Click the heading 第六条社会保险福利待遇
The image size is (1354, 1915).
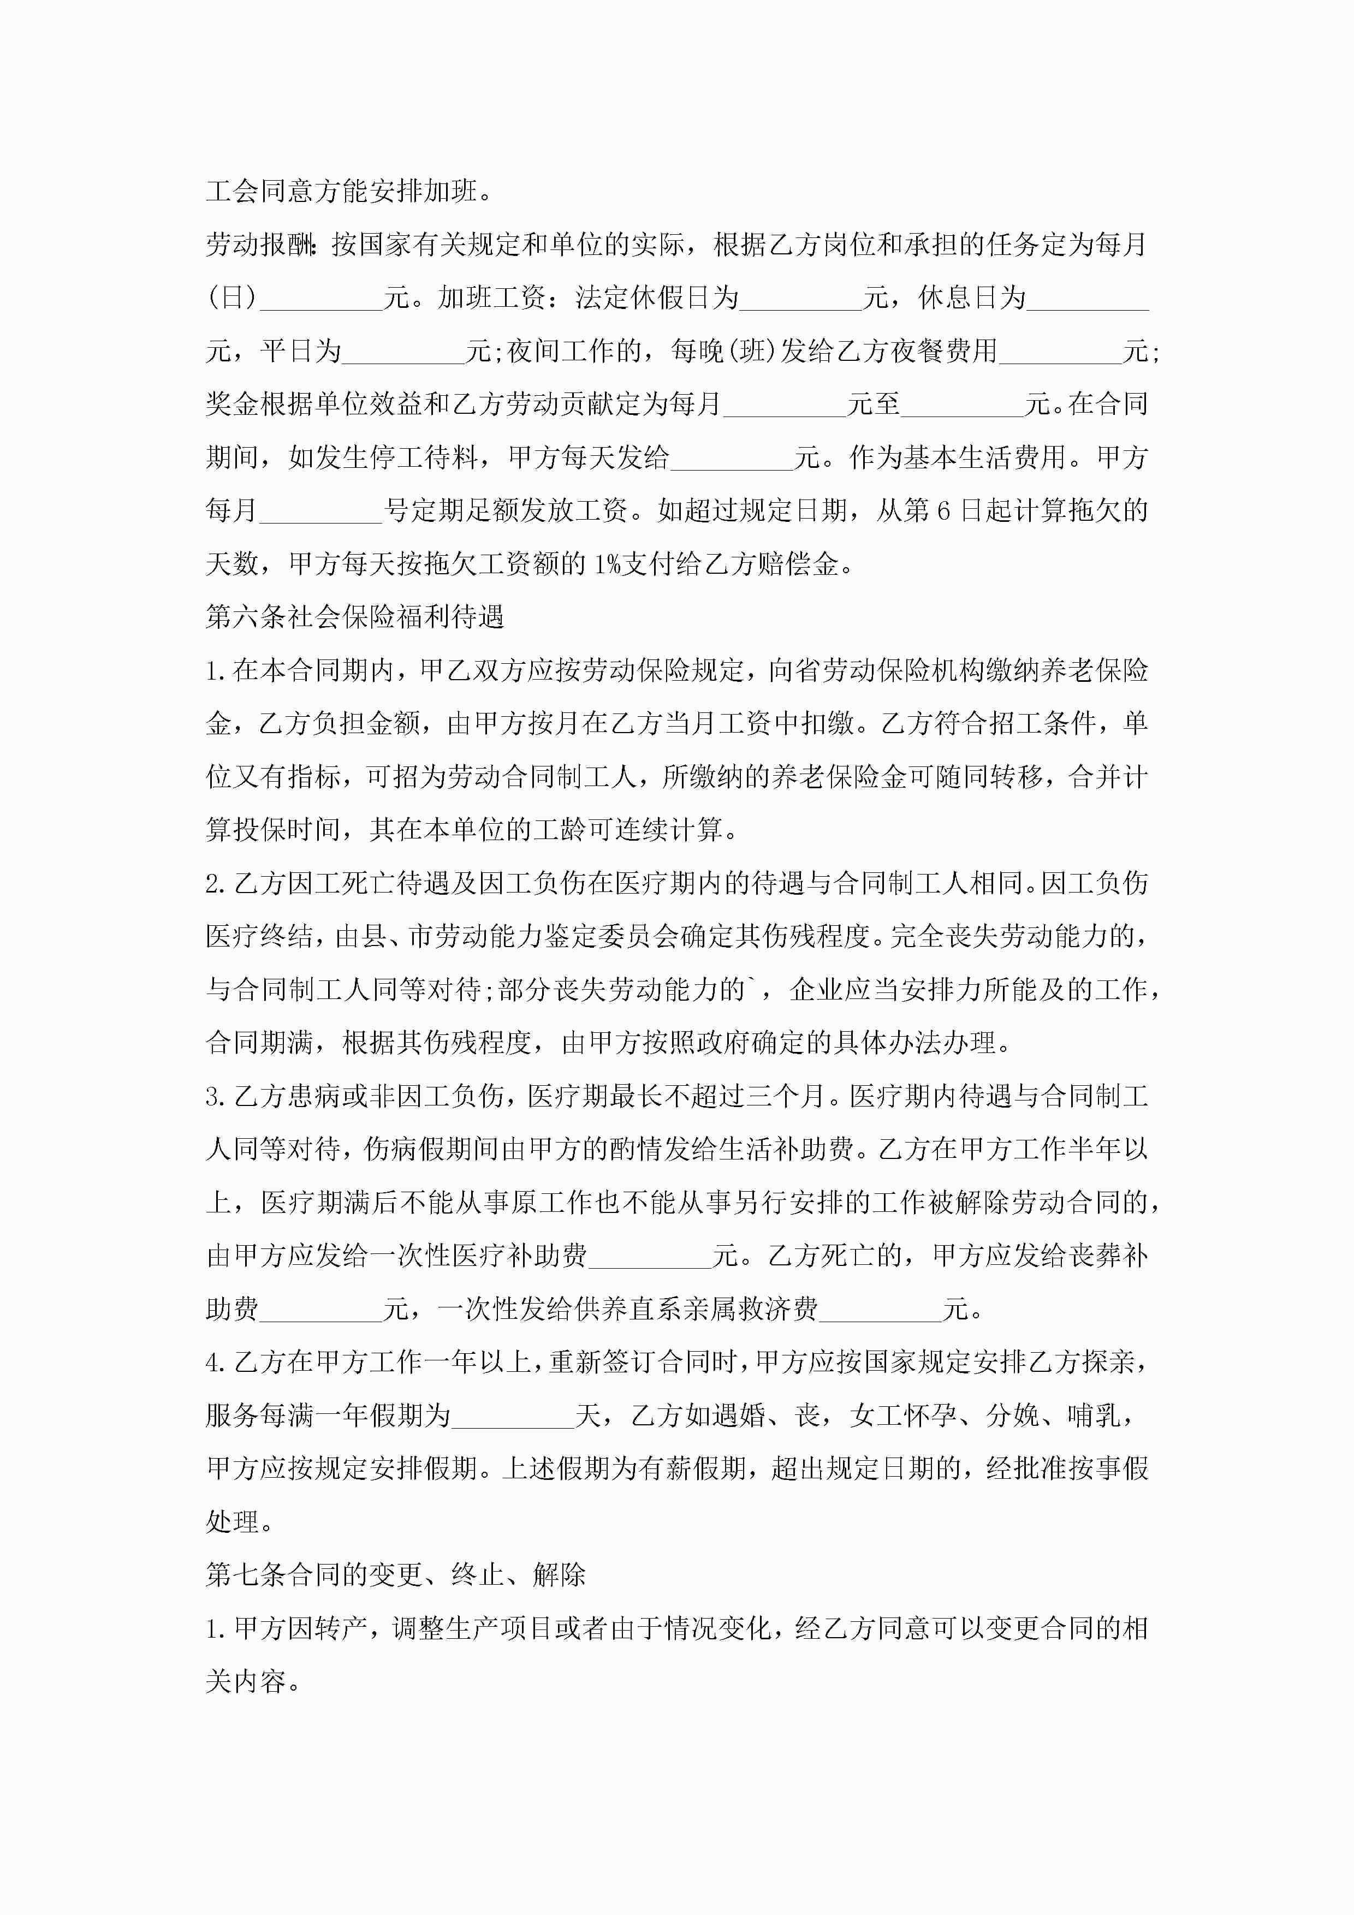click(x=355, y=617)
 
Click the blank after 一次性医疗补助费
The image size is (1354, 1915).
click(x=650, y=1256)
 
